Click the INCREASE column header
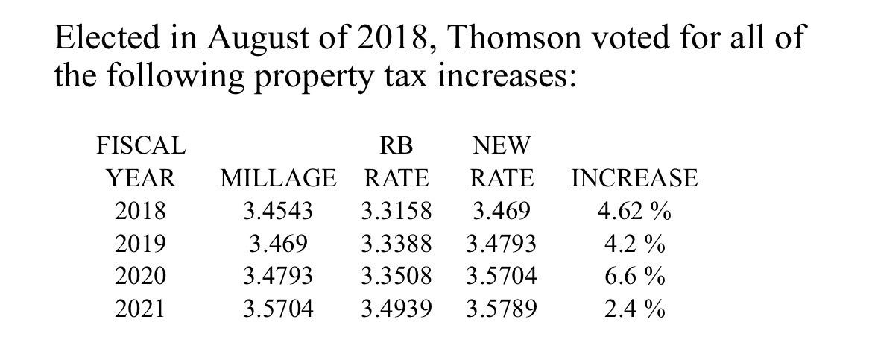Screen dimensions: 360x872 tap(634, 178)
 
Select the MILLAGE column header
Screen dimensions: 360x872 tap(278, 178)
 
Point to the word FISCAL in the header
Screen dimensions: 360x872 tap(141, 144)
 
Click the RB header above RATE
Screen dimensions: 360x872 tap(396, 144)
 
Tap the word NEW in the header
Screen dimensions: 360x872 tap(501, 144)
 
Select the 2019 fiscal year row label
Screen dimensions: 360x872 tap(141, 244)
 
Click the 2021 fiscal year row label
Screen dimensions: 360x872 tap(141, 308)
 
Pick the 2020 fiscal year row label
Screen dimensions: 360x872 tap(141, 276)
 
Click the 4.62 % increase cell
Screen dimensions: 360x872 tap(634, 211)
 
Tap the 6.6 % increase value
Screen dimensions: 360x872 tap(634, 276)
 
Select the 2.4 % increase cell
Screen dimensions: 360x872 tap(634, 308)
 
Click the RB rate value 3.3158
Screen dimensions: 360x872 tap(396, 211)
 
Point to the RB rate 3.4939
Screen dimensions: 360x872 tap(396, 308)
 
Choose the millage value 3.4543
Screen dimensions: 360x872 tap(278, 211)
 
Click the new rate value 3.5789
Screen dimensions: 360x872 tap(501, 308)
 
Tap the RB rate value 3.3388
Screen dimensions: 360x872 tap(396, 244)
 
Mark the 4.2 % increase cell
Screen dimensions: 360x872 tap(634, 244)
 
